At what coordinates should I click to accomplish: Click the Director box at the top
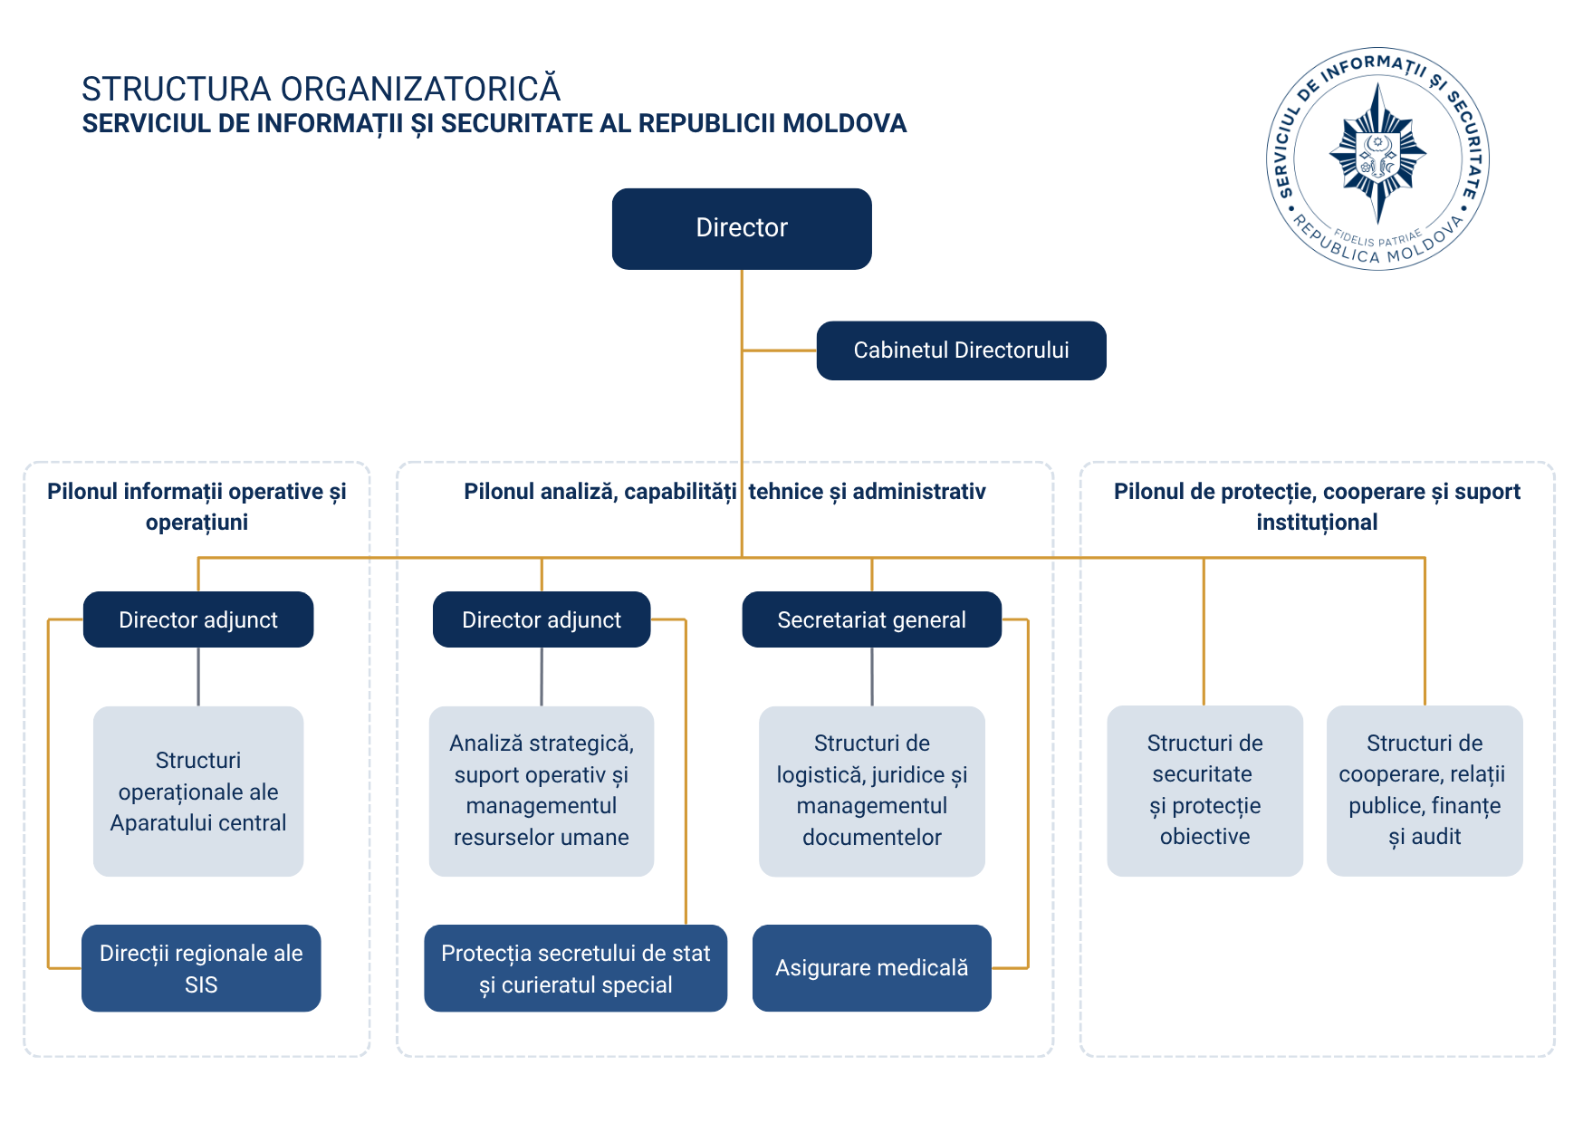[742, 228]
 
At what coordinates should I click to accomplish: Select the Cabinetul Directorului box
[961, 350]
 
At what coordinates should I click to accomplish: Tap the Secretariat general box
[871, 619]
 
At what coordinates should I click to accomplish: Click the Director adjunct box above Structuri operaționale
[198, 619]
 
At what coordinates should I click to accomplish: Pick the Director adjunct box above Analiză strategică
[542, 619]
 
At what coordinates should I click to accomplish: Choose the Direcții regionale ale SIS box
[201, 968]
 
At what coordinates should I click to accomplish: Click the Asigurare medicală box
[871, 968]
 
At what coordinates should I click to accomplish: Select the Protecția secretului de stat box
[575, 968]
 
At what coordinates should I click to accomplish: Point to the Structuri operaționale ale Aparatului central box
[198, 792]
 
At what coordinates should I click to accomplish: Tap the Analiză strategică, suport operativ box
[542, 792]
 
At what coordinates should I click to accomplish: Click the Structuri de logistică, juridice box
[871, 792]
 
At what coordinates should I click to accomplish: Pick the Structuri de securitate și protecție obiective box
[1204, 791]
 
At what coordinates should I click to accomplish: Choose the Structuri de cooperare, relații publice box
[1425, 791]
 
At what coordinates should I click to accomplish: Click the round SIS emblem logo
[1377, 158]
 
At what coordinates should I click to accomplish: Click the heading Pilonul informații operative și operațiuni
[197, 506]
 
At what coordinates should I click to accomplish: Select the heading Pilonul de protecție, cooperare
[1317, 506]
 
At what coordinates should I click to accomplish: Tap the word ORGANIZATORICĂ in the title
[420, 89]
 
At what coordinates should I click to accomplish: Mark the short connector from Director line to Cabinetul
[779, 350]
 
